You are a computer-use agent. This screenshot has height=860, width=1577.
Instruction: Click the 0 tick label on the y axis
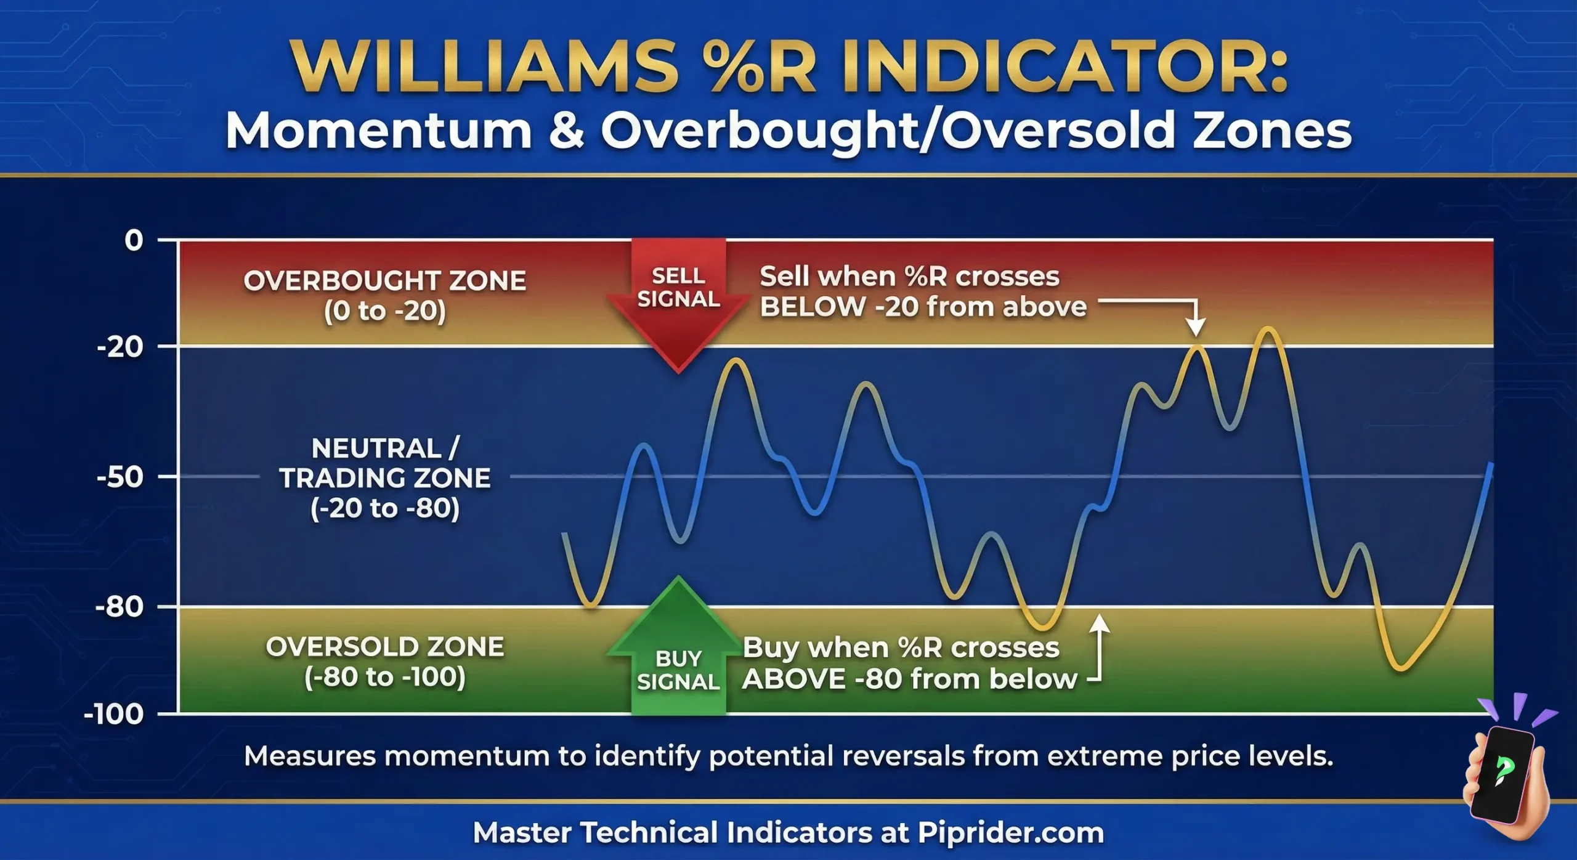tap(133, 240)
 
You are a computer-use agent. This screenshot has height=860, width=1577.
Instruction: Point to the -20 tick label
tap(120, 347)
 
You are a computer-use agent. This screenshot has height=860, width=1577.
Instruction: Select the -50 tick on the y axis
tap(120, 477)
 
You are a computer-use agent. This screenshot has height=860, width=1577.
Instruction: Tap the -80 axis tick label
tap(120, 607)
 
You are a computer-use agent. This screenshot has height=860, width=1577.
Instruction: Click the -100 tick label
tap(113, 715)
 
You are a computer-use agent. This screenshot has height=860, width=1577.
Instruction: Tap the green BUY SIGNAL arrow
tap(678, 653)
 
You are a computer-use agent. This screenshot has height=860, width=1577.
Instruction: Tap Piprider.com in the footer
tap(1010, 833)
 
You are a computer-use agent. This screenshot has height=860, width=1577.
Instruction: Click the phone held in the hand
tap(1503, 773)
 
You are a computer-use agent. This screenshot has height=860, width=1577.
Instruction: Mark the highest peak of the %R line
tap(1269, 330)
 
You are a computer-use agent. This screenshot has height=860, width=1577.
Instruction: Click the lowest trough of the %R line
tap(1400, 668)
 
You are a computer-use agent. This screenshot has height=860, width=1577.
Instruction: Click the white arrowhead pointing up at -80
tap(1100, 623)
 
